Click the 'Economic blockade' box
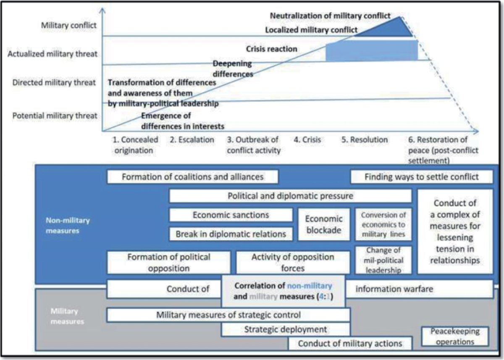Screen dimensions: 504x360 [x=324, y=224]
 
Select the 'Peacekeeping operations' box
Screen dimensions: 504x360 [x=455, y=336]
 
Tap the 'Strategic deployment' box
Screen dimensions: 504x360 [x=286, y=329]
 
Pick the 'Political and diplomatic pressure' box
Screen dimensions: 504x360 [x=291, y=196]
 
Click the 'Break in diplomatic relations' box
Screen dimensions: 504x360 [x=231, y=234]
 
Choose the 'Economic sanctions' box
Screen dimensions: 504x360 [x=231, y=215]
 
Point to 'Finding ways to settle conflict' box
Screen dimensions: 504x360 [x=422, y=177]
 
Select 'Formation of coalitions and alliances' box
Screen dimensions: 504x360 [x=193, y=177]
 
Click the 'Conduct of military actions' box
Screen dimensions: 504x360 [x=350, y=343]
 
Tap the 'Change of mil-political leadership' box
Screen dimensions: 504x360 [x=383, y=260]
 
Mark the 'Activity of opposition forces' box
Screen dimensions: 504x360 [x=293, y=263]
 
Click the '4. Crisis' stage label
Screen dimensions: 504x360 [x=307, y=140]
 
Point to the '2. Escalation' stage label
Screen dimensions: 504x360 [x=192, y=140]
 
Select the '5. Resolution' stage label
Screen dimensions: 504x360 [x=365, y=140]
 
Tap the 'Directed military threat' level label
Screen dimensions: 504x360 [x=54, y=83]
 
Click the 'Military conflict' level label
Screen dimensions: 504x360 [x=68, y=25]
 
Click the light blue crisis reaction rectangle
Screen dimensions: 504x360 [x=372, y=51]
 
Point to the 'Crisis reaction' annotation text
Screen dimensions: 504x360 [x=272, y=49]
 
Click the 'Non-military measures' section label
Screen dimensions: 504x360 [x=68, y=226]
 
